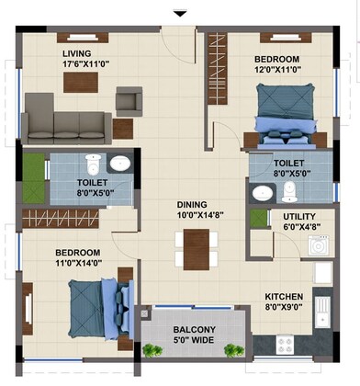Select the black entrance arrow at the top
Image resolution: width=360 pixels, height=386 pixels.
click(180, 13)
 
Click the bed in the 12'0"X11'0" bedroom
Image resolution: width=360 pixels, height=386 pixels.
click(284, 116)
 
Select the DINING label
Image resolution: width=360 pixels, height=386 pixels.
click(194, 205)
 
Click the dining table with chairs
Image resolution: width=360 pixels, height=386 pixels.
click(196, 247)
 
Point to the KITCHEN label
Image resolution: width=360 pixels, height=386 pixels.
click(284, 297)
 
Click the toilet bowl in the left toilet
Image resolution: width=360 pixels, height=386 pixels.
click(92, 165)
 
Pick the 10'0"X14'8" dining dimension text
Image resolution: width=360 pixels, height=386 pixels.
click(194, 216)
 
